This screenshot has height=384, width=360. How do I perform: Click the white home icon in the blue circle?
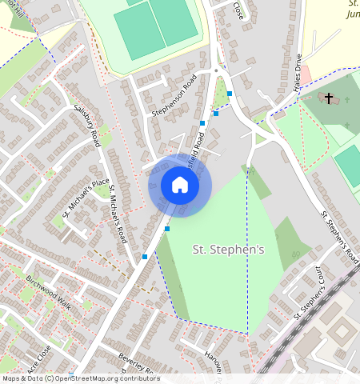point(180,186)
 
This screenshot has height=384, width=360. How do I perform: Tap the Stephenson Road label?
point(174,96)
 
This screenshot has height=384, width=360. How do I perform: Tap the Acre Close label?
point(38,360)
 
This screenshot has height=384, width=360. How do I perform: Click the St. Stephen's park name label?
point(229,250)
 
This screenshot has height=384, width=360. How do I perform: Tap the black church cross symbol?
point(328,98)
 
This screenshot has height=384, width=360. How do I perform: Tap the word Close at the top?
point(238,10)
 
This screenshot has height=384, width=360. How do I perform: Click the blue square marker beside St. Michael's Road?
point(144,257)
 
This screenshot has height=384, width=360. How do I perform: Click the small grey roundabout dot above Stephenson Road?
point(216,71)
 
